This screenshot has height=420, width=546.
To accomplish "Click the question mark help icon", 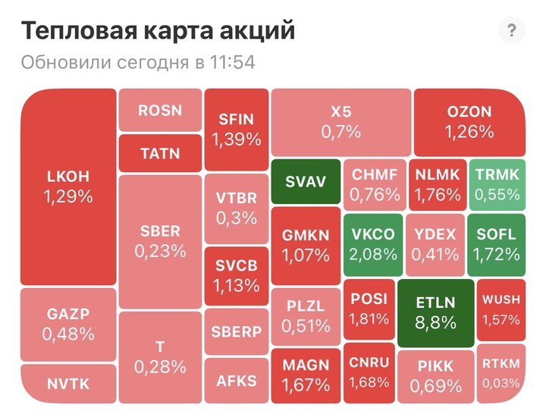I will click(x=511, y=31).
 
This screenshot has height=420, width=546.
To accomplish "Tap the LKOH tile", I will click(x=68, y=186).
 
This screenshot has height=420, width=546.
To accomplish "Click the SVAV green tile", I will click(x=305, y=182).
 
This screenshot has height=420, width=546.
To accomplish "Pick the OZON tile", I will click(x=469, y=121).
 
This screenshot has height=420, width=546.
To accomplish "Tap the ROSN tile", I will click(x=160, y=110).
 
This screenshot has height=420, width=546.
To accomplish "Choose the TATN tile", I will click(x=160, y=152).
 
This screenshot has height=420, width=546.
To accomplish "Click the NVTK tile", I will click(x=68, y=384).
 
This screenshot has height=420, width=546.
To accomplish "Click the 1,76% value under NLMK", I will click(x=438, y=195).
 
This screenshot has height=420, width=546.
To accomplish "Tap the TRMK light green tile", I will click(x=497, y=184).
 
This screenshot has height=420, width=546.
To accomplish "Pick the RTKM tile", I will click(x=501, y=373).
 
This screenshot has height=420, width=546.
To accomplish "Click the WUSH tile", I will click(x=501, y=309).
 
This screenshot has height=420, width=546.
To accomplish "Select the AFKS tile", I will click(x=236, y=381).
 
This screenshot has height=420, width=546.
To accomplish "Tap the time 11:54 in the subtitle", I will click(x=232, y=62).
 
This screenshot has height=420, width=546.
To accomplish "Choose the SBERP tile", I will click(x=236, y=332).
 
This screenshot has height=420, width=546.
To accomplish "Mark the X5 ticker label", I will click(x=340, y=111).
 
